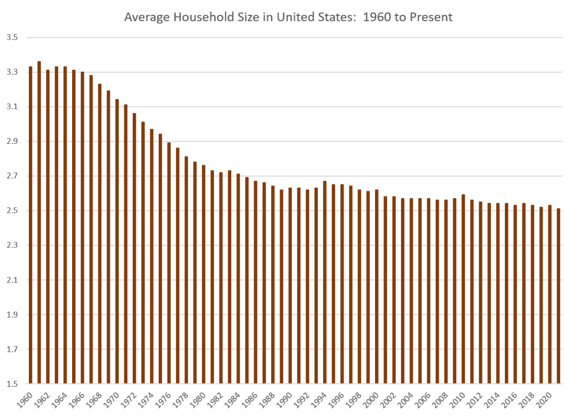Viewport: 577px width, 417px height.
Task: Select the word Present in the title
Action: coord(430,17)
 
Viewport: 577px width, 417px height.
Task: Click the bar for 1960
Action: coord(31,224)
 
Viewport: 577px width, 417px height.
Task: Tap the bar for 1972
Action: coord(134,249)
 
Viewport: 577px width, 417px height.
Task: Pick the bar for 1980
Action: coord(203,274)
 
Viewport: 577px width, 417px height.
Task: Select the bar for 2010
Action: coord(463,289)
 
